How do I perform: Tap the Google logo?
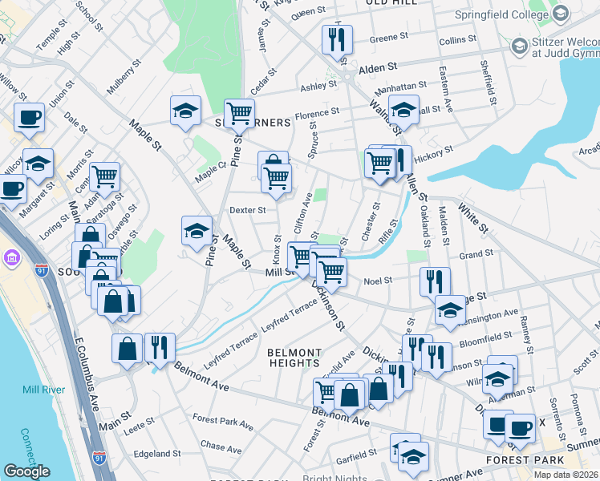(x=26, y=471)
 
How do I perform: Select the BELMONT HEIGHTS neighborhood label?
(x=294, y=358)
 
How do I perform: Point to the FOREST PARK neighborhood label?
(x=519, y=461)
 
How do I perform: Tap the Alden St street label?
(x=378, y=70)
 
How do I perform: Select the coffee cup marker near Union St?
(x=29, y=117)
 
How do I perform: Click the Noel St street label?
(x=377, y=281)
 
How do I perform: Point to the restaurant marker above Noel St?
(x=435, y=280)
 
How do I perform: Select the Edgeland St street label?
(x=157, y=454)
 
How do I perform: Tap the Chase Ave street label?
(x=221, y=445)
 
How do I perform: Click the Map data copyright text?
(x=564, y=475)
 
